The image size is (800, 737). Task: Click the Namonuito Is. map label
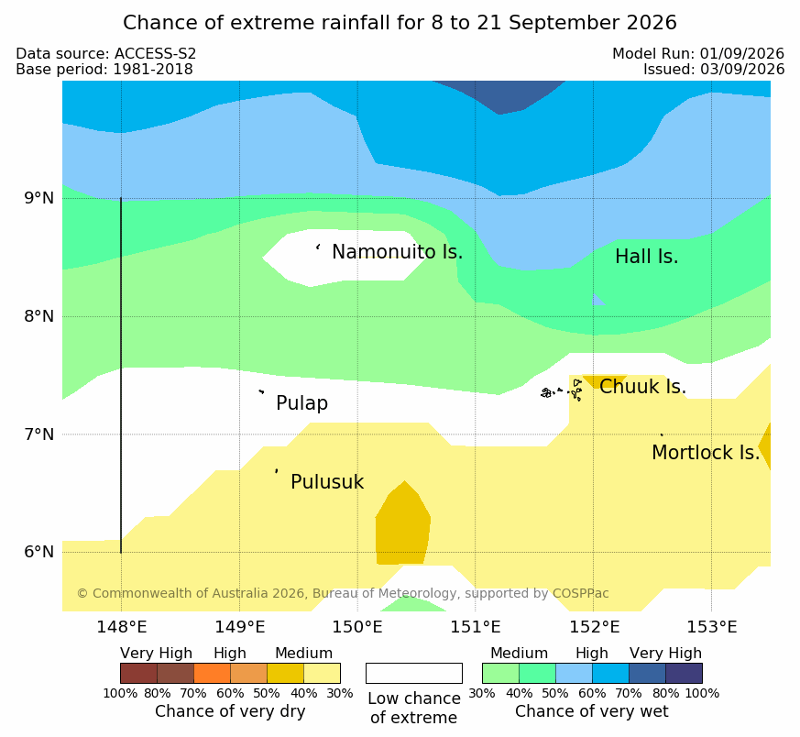[397, 252]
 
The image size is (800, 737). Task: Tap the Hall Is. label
[646, 257]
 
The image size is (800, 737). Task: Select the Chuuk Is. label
[642, 387]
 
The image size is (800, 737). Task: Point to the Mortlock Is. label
[706, 453]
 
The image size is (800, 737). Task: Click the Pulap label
[301, 403]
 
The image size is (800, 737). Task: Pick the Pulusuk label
[327, 482]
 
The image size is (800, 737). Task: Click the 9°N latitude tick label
[38, 198]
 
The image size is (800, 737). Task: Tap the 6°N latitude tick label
[38, 552]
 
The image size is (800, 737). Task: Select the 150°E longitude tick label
[357, 627]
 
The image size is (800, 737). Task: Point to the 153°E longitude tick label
[712, 627]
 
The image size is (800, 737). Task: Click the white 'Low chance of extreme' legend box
[414, 673]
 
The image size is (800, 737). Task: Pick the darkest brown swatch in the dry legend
[138, 673]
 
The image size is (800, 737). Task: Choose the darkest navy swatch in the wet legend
[684, 673]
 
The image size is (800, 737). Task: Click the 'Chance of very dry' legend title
[230, 711]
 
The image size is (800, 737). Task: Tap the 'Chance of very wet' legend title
[591, 711]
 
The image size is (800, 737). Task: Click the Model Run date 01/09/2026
[742, 54]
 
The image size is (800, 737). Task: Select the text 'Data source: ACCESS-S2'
[106, 54]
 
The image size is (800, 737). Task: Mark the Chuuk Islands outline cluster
[562, 390]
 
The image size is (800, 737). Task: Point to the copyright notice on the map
[343, 594]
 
